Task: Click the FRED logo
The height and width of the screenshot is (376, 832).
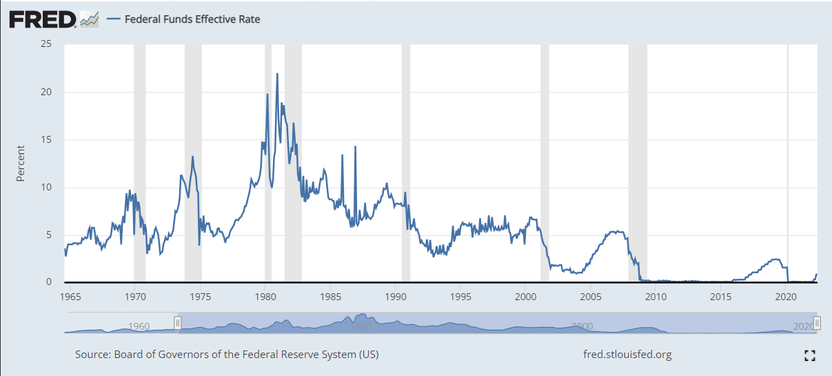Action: pyautogui.click(x=43, y=19)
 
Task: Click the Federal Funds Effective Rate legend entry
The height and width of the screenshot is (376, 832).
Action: pyautogui.click(x=183, y=19)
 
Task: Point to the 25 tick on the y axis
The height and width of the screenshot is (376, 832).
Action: pyautogui.click(x=46, y=44)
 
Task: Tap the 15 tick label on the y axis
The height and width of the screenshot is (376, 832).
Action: pyautogui.click(x=46, y=139)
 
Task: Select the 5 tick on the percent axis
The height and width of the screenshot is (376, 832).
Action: pyautogui.click(x=49, y=235)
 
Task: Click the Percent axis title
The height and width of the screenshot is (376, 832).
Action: pyautogui.click(x=21, y=164)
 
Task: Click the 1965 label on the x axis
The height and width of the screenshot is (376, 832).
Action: pyautogui.click(x=70, y=297)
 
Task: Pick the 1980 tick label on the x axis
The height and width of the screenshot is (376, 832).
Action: pyautogui.click(x=265, y=297)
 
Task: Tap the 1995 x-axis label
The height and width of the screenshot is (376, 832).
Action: pyautogui.click(x=460, y=297)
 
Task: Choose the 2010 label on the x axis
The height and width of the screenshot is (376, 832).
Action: pyautogui.click(x=656, y=297)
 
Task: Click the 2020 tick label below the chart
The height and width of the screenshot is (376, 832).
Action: pyautogui.click(x=786, y=297)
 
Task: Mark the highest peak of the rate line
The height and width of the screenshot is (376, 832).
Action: pyautogui.click(x=277, y=74)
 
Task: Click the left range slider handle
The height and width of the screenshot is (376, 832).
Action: pyautogui.click(x=178, y=322)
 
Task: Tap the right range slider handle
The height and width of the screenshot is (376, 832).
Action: pyautogui.click(x=817, y=322)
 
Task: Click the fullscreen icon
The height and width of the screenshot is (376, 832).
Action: pyautogui.click(x=810, y=355)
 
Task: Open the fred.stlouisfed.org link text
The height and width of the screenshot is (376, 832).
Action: pyautogui.click(x=627, y=355)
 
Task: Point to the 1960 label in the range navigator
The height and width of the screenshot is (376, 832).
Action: pyautogui.click(x=139, y=326)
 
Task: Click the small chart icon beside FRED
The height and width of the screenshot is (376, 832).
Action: pyautogui.click(x=90, y=19)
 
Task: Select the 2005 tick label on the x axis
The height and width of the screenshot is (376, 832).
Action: pyautogui.click(x=591, y=297)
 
